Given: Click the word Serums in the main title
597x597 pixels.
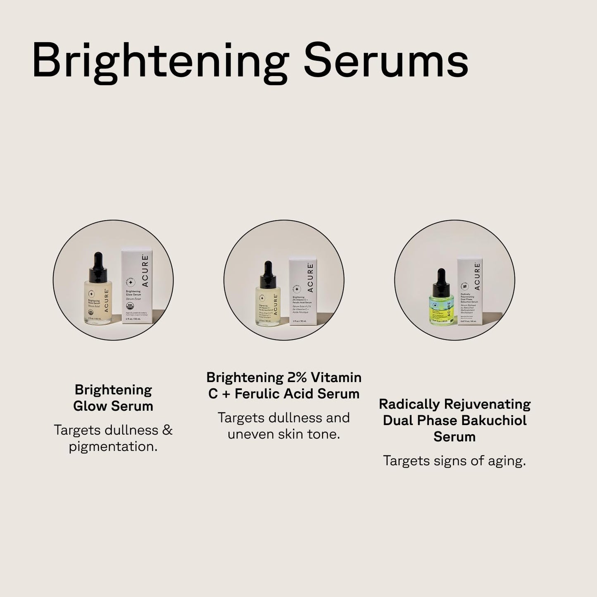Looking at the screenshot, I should [386, 61].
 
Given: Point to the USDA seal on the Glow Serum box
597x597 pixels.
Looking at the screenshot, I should [129, 307].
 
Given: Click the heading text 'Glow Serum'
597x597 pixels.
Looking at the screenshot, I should [113, 406].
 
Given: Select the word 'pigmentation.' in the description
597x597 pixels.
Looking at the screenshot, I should [113, 446].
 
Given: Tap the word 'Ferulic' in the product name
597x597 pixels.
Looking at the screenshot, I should [259, 394].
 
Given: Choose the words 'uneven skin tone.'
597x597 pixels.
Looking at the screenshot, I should [284, 434].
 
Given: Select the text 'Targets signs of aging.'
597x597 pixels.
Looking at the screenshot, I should [454, 461].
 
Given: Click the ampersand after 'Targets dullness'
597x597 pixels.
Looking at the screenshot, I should [167, 430].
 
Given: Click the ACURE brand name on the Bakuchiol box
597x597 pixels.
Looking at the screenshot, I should [478, 276].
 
